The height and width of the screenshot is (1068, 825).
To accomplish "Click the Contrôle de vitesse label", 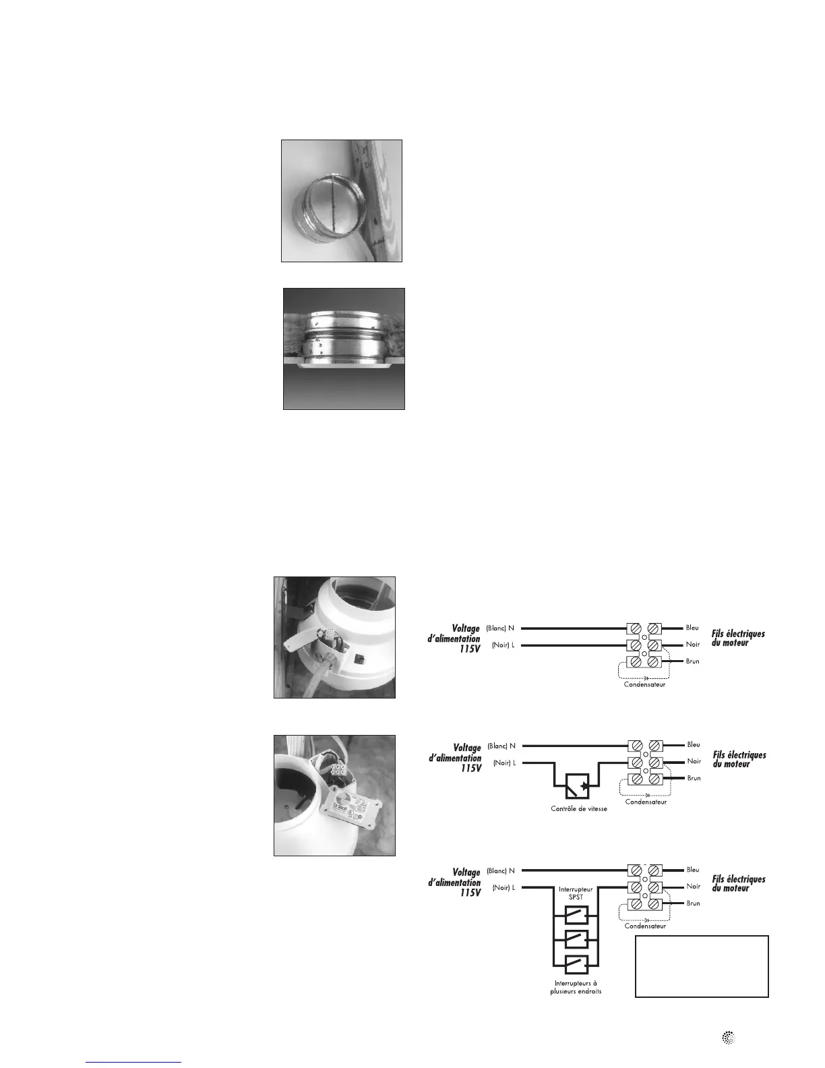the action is (x=579, y=808).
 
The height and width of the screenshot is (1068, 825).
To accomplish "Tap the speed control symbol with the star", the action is (x=576, y=785).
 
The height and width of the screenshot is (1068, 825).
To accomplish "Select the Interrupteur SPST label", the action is (x=576, y=893).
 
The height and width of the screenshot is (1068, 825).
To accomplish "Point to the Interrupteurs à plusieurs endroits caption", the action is (x=576, y=987).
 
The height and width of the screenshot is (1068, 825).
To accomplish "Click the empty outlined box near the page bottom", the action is (x=702, y=966).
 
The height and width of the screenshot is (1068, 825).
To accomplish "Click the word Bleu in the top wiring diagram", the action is (x=692, y=628).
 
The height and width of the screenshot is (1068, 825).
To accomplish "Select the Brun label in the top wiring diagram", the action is (x=692, y=661).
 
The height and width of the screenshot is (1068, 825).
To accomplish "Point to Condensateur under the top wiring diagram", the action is (x=644, y=684).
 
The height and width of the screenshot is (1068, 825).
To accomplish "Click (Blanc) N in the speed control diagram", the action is (x=501, y=746).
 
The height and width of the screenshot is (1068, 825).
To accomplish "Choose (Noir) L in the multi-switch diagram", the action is (x=503, y=888).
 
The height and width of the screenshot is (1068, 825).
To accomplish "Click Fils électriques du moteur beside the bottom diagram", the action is (x=738, y=883).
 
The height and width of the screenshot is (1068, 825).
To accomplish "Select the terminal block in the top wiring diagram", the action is (x=643, y=645).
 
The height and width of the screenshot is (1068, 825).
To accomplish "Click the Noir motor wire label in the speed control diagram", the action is (x=694, y=762).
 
